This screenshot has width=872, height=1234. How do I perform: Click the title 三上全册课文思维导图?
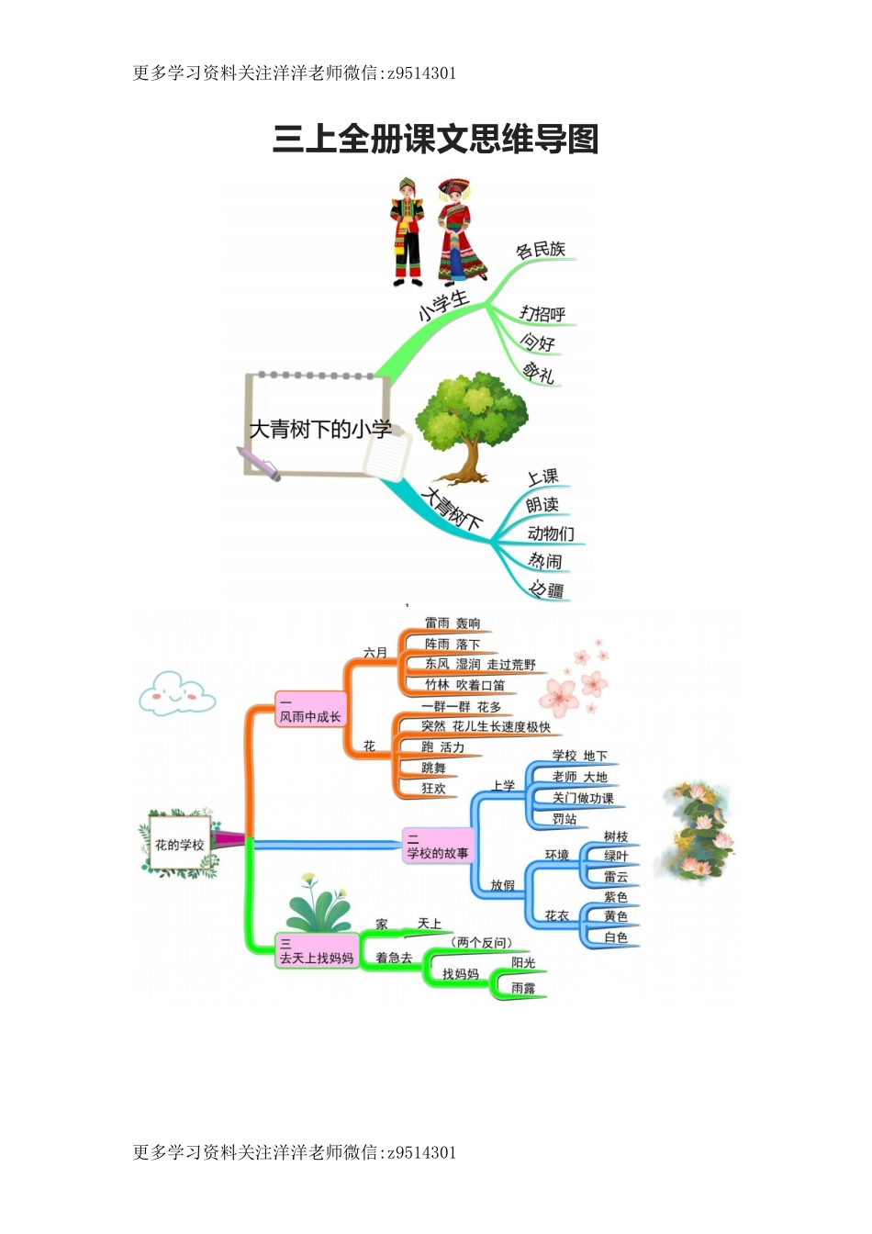click(x=435, y=140)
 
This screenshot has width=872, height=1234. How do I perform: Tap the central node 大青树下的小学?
click(x=320, y=429)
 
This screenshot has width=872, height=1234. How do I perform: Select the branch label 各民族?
click(x=541, y=250)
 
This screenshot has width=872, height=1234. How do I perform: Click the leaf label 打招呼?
click(x=542, y=314)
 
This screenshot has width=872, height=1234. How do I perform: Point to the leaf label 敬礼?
click(x=539, y=373)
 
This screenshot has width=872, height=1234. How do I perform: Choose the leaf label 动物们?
click(x=551, y=533)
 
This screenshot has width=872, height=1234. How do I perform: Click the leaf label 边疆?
click(x=547, y=589)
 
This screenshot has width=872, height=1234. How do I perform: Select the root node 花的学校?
click(x=179, y=845)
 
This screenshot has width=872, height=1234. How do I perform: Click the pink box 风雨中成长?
click(x=310, y=711)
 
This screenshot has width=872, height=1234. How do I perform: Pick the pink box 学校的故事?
click(x=438, y=847)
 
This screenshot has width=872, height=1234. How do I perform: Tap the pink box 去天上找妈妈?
click(x=317, y=951)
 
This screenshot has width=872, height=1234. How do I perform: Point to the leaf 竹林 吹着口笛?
click(x=464, y=685)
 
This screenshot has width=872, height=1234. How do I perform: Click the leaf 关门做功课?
click(x=583, y=798)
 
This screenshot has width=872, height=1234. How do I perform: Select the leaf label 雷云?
click(x=616, y=877)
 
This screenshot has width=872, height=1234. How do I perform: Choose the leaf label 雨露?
click(x=523, y=988)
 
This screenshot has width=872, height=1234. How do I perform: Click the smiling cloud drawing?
click(x=176, y=694)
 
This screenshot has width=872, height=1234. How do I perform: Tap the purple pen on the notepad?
click(x=258, y=465)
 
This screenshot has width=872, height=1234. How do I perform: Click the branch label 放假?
click(x=503, y=885)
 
